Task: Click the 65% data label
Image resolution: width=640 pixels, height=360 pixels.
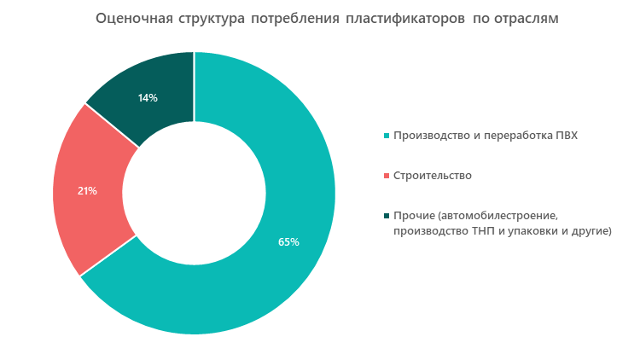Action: click(x=288, y=242)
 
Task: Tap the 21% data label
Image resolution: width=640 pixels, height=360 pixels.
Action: click(x=87, y=191)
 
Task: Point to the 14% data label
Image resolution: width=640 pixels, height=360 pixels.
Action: click(x=148, y=98)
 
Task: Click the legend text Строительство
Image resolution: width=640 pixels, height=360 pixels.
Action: click(x=433, y=176)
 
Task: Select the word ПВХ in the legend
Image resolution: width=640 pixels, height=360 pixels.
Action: click(x=566, y=136)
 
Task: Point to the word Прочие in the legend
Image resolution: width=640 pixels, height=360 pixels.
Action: click(x=413, y=216)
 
